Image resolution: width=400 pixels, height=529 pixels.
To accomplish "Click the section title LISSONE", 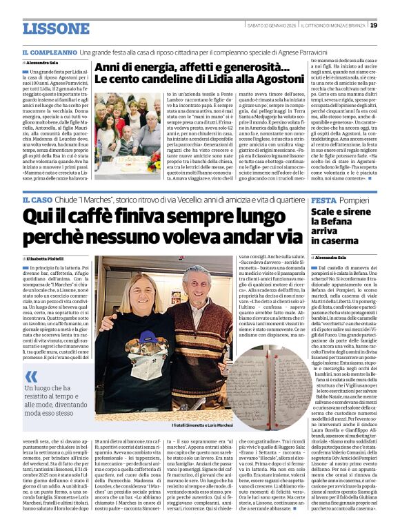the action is pyautogui.click(x=55, y=28).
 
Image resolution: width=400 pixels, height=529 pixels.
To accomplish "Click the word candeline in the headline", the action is pyautogui.click(x=157, y=81).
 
